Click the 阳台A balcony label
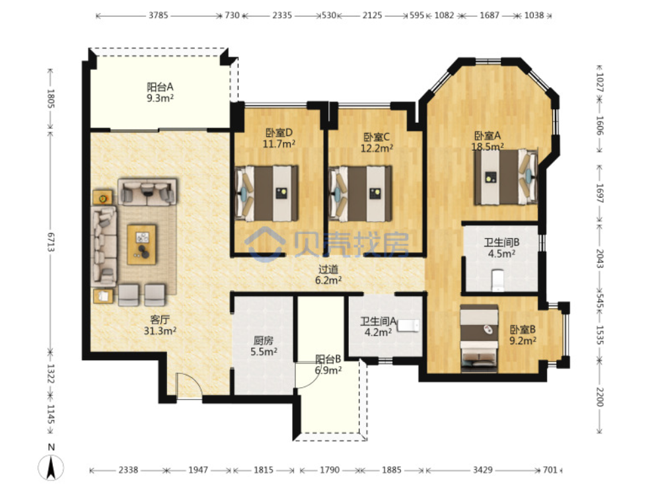tap(160, 87)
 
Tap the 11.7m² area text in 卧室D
tap(279, 144)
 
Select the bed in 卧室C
tap(360, 194)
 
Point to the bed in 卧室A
tap(506, 177)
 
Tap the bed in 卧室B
tap(479, 336)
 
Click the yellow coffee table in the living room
tap(142, 244)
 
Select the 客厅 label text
tap(160, 320)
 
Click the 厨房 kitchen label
tap(263, 340)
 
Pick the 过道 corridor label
tap(328, 270)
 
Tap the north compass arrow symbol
tap(52, 467)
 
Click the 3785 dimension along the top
tap(159, 15)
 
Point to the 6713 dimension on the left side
tap(51, 242)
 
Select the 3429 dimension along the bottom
tap(483, 470)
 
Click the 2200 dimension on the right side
tap(599, 396)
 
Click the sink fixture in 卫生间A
tap(409, 325)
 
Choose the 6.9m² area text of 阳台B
tap(328, 370)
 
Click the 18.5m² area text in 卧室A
tap(487, 147)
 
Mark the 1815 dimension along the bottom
tap(264, 470)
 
